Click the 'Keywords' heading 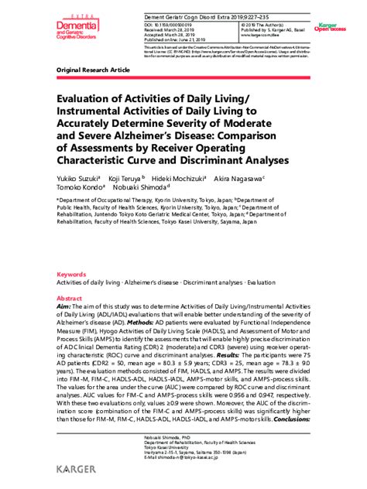(x=72, y=275)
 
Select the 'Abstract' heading (x=70, y=298)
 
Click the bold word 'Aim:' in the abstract (x=64, y=307)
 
